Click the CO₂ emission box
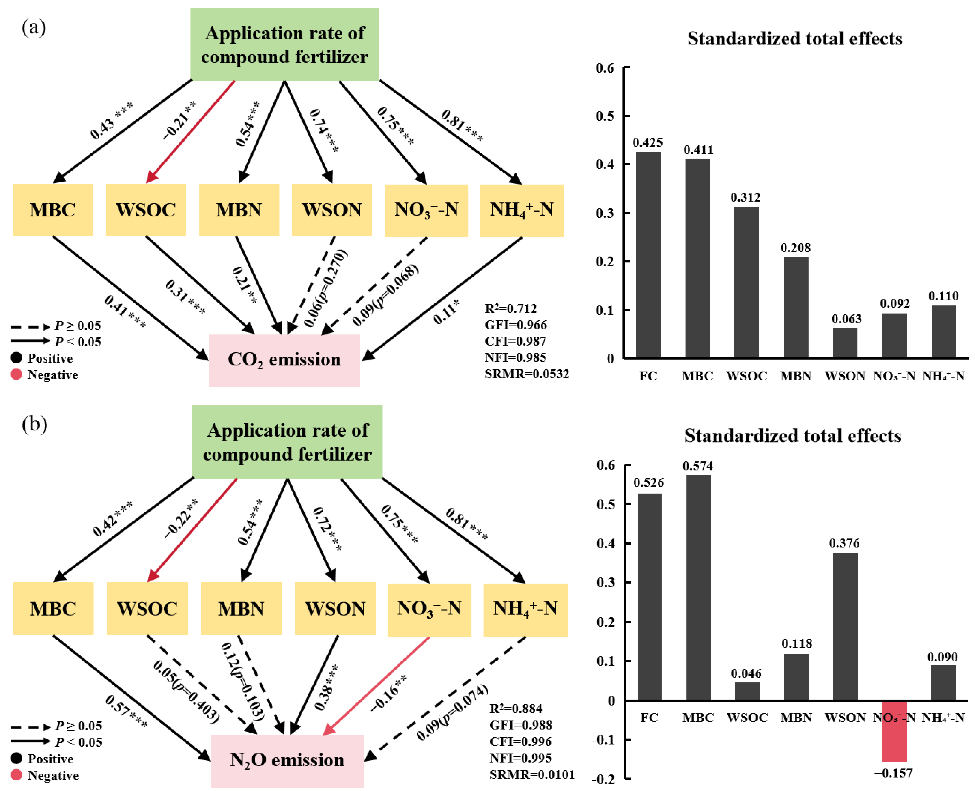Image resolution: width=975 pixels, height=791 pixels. (284, 360)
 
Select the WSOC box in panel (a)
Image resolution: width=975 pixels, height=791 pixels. (146, 210)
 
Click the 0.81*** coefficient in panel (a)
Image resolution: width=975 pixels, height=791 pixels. (462, 125)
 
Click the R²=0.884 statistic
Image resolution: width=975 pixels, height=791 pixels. (516, 709)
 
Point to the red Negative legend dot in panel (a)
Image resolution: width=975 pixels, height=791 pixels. (16, 374)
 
